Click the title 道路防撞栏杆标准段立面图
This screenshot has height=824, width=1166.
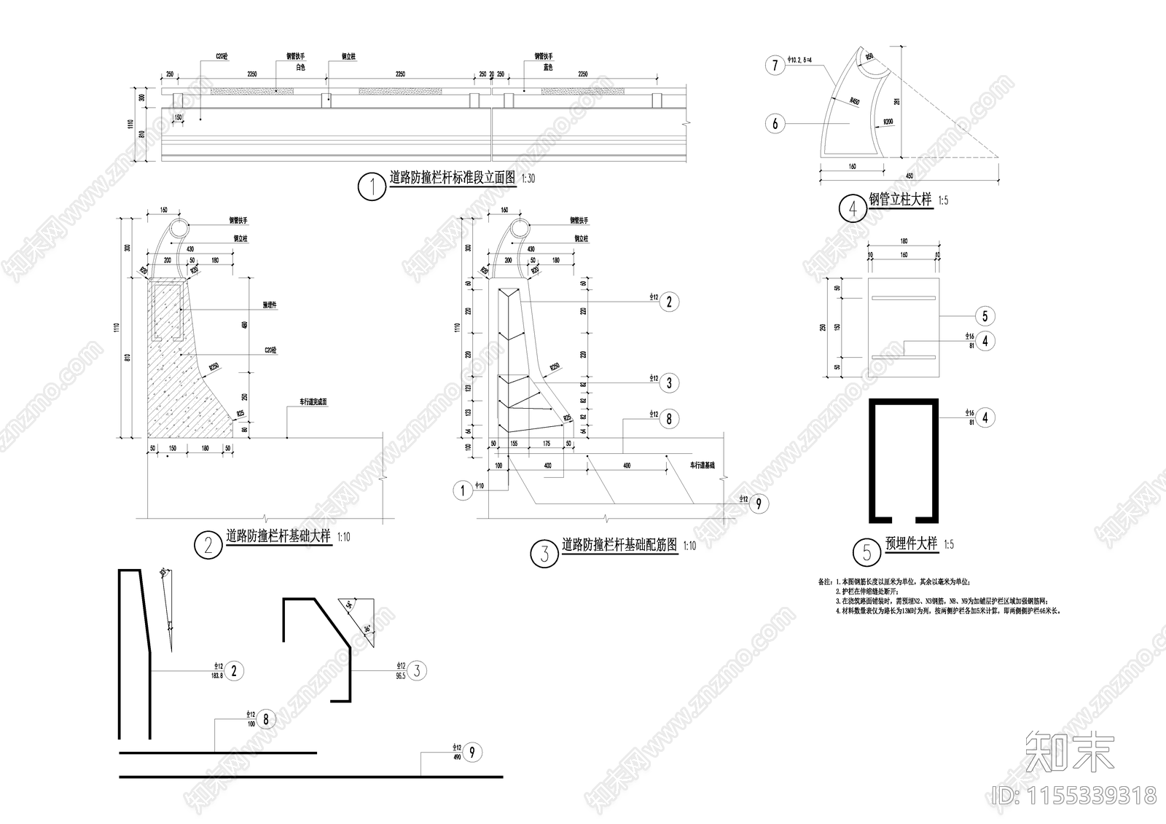coord(452,178)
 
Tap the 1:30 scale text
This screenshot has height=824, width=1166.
coord(527,178)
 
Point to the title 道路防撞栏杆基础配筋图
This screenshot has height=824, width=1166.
coord(619,545)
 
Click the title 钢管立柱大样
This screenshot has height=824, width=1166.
coord(900,200)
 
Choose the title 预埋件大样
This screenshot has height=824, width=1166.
coord(910,544)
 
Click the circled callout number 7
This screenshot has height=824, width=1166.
coord(775,66)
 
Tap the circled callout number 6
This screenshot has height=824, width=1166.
coord(775,124)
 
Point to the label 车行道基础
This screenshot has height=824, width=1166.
coord(702,464)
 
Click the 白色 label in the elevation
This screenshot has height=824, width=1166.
coord(300,67)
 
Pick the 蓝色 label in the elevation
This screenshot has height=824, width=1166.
coord(547,67)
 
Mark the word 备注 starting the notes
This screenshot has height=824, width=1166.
coord(825,582)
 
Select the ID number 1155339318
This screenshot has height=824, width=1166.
coord(1074,795)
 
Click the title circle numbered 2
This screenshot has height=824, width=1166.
coord(208,545)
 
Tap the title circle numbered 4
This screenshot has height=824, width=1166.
coord(853,209)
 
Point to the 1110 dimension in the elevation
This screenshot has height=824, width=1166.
coord(131,125)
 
